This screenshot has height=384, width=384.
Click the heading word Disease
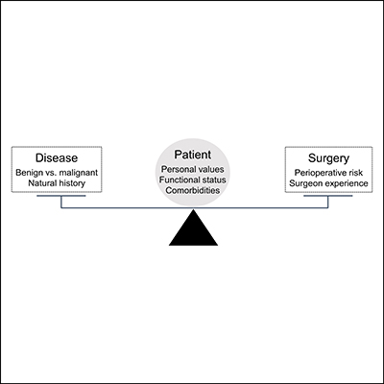pos(58,158)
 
